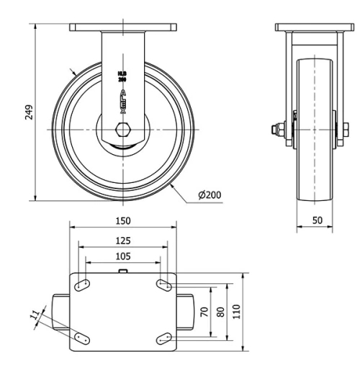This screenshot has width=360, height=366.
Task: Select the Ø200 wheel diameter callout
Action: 208,195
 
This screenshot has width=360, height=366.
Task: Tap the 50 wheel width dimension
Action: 317,220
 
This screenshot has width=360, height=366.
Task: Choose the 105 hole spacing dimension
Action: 122,256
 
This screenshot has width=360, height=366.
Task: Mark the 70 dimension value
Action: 204,311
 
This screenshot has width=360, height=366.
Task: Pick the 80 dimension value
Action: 221,311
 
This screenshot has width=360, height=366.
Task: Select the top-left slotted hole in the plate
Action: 80,286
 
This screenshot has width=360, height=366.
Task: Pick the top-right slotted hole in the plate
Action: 163,286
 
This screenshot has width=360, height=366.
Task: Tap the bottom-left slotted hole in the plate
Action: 80,336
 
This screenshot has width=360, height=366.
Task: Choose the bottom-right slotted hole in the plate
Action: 163,336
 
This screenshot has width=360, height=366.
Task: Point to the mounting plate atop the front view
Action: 122,27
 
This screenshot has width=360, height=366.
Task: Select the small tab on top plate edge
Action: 122,272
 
